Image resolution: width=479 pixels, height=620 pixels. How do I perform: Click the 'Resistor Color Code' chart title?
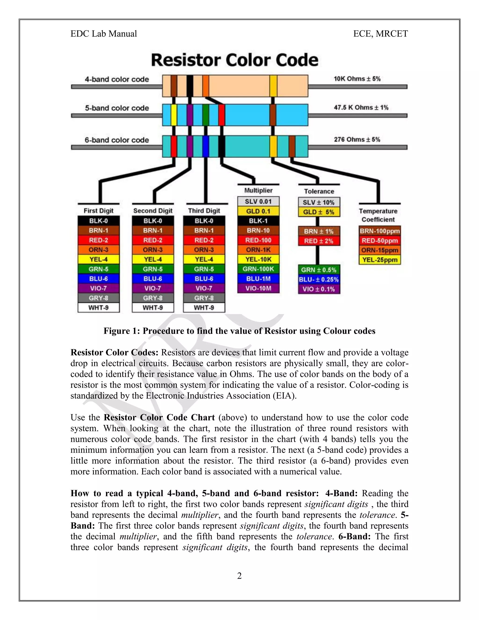[234, 60]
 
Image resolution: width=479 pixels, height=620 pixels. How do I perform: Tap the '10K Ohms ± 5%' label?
[357, 79]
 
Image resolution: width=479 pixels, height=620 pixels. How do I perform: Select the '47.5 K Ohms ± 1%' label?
[361, 108]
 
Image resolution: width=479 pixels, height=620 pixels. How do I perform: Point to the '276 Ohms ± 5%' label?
[357, 140]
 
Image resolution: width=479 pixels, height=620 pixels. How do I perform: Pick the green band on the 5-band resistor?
[206, 115]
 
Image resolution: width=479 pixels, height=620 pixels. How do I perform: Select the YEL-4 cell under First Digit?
[98, 259]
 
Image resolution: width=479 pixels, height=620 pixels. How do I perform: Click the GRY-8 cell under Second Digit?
[153, 298]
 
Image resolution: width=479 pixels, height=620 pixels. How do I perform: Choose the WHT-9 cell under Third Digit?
[204, 308]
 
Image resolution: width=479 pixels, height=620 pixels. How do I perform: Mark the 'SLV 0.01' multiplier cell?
[258, 201]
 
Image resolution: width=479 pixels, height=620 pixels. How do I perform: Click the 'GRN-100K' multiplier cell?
[258, 269]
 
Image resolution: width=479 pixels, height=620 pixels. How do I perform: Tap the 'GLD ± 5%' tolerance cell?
[319, 212]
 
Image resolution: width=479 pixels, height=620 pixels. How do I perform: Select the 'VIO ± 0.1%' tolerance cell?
[319, 289]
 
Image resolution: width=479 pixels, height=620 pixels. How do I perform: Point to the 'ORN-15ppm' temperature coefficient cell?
[380, 250]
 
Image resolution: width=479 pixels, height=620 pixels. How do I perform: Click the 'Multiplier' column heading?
[258, 190]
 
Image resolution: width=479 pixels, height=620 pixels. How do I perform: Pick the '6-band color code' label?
[117, 140]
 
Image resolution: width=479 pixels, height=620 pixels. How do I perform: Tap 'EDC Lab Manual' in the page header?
[104, 34]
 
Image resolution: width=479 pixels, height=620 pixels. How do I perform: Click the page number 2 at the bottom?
[239, 576]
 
